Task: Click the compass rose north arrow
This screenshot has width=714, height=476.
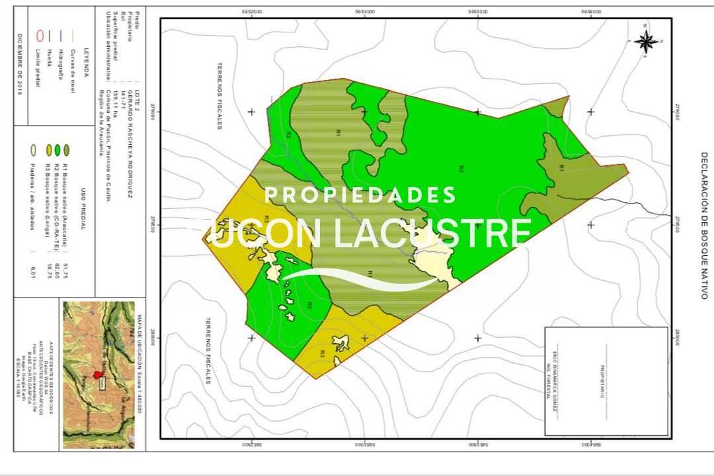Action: (646, 41)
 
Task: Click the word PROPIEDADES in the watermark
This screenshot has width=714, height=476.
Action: (360, 196)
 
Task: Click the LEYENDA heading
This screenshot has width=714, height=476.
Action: (86, 63)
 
